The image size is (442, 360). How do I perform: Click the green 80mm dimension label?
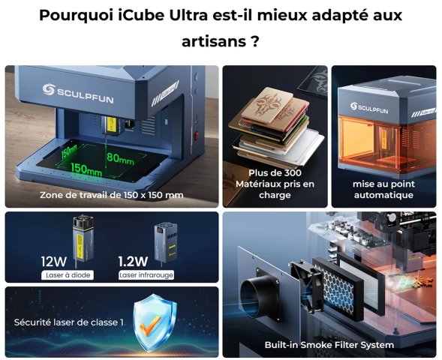120,158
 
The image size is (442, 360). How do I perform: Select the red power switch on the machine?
197,136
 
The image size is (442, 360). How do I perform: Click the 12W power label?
54,262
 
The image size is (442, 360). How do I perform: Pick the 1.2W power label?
133,262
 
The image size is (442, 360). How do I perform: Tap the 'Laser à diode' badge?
68,275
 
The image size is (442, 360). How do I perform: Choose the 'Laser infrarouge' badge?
146,275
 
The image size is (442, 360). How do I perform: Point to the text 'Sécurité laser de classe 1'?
69,322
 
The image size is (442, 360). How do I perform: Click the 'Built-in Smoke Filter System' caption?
329,345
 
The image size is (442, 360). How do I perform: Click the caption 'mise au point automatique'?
383,189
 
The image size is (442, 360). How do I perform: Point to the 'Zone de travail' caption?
111,195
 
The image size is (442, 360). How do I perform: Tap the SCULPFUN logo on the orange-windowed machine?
369,108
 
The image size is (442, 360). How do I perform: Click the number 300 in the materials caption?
290,172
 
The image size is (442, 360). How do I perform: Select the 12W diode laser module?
83,238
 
